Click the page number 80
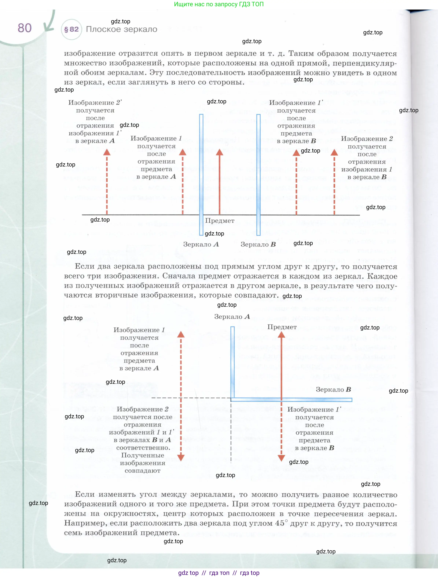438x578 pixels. [x=25, y=28]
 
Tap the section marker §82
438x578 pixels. [x=71, y=29]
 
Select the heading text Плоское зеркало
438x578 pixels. [x=121, y=29]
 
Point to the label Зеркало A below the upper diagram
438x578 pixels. [x=201, y=244]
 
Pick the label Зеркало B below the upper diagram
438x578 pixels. [x=258, y=244]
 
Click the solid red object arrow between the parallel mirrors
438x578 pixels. [x=219, y=183]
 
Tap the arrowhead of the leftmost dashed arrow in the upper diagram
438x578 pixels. [x=107, y=152]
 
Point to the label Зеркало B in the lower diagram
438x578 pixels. [x=333, y=390]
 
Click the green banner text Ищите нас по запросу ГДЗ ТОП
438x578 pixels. [x=219, y=4]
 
